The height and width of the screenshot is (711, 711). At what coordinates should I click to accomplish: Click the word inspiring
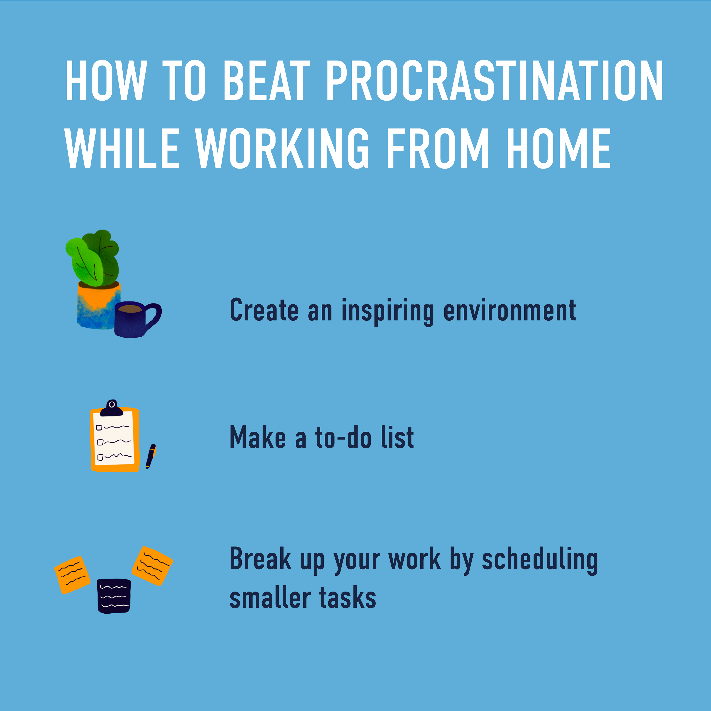(388, 311)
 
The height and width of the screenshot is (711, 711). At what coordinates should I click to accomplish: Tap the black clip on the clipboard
(111, 408)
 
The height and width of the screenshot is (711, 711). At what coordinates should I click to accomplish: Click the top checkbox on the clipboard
(99, 428)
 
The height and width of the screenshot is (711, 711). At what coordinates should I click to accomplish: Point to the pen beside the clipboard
(151, 456)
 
